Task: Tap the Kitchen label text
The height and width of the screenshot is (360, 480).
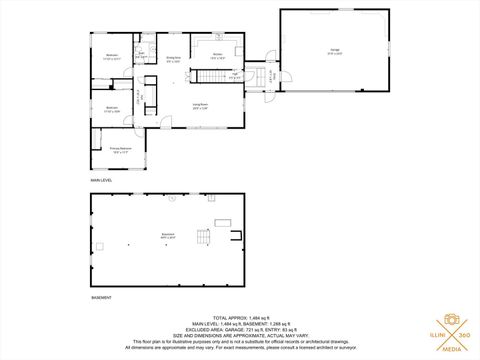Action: [218, 55]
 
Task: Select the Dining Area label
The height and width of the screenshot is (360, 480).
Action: [173, 59]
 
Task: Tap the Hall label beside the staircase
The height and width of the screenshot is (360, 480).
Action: [233, 75]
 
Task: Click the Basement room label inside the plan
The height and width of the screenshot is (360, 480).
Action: [167, 236]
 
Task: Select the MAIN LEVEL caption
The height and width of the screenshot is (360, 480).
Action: [103, 179]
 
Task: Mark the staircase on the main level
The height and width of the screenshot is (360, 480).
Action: [211, 78]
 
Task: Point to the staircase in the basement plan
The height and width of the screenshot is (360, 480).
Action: [204, 240]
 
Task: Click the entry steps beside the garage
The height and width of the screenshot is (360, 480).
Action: [269, 77]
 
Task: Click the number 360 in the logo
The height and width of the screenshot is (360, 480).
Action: [468, 335]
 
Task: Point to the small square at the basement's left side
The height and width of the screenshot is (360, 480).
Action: [99, 245]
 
